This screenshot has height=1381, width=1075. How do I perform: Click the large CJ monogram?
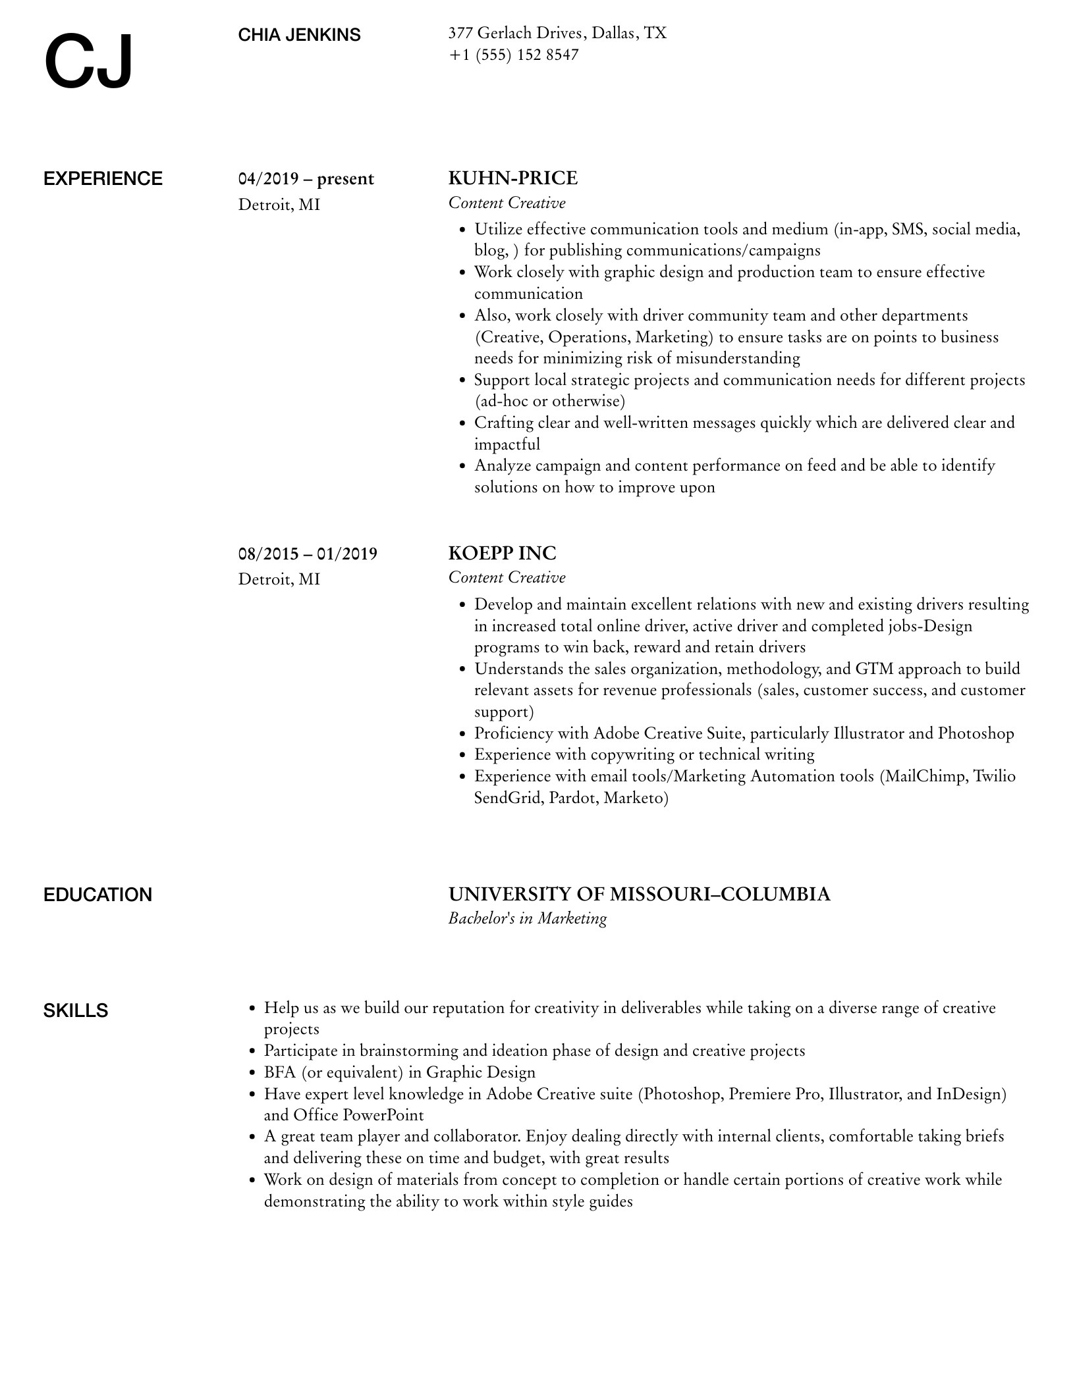click(x=89, y=63)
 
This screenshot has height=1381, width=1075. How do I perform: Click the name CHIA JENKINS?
click(x=299, y=35)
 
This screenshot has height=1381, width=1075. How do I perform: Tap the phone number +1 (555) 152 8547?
click(x=513, y=55)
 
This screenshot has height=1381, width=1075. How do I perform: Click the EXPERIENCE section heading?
click(x=103, y=179)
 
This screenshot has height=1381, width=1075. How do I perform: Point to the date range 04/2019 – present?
click(x=306, y=179)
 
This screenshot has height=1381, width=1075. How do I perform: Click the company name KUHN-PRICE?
click(x=512, y=178)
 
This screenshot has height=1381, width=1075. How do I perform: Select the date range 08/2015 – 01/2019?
click(x=308, y=554)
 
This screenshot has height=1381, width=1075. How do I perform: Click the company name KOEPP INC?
click(x=502, y=553)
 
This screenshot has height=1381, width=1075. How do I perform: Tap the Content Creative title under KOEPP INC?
click(x=507, y=577)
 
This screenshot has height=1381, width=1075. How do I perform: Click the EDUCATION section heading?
click(x=97, y=895)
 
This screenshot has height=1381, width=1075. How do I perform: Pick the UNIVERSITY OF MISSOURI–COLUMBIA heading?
click(x=639, y=894)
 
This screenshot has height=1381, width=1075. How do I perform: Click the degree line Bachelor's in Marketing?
click(x=527, y=918)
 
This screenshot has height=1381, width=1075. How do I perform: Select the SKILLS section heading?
click(x=76, y=1010)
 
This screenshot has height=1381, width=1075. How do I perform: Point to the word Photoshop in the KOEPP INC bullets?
click(x=976, y=733)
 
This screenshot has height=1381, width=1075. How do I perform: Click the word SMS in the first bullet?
click(x=908, y=229)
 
